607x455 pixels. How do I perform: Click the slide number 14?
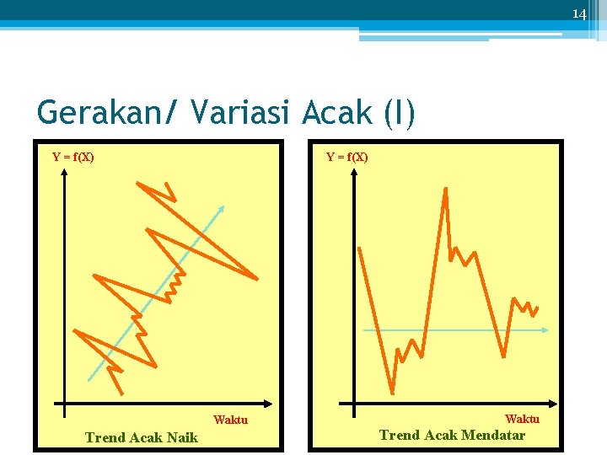pos(578,14)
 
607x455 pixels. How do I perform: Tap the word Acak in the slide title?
pos(341,112)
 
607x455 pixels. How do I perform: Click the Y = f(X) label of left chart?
pos(73,157)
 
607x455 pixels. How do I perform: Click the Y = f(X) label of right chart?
pos(347,157)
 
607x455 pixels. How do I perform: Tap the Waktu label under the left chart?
pos(230,420)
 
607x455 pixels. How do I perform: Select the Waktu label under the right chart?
pos(522,419)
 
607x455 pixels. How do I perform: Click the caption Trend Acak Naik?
pos(142,437)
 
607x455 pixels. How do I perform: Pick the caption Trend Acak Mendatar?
pos(452,436)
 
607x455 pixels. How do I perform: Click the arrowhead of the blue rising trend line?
pos(222,207)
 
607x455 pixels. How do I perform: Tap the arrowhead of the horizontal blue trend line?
pos(545,330)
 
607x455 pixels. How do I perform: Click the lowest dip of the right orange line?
pos(392,392)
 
